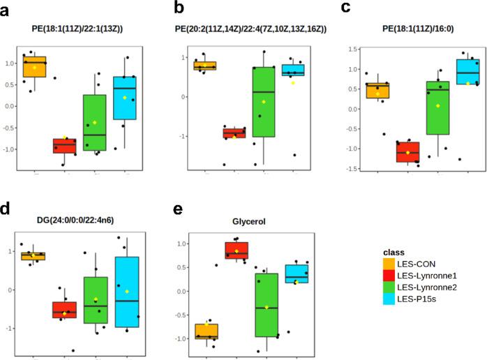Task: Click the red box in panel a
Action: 65,145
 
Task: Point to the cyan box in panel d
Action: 126,292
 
